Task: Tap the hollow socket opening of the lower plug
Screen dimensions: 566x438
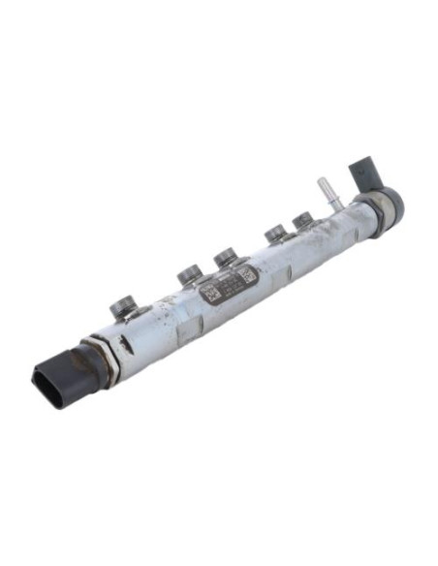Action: click(x=49, y=383)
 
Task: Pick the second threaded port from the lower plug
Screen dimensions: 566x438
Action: click(x=189, y=274)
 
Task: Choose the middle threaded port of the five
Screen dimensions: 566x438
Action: click(x=225, y=257)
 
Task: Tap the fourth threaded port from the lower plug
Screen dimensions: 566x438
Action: click(x=275, y=233)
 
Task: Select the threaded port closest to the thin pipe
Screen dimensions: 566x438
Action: click(x=302, y=220)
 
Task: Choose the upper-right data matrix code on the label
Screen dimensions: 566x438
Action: click(x=246, y=275)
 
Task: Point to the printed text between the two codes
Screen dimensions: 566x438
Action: click(x=228, y=286)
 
